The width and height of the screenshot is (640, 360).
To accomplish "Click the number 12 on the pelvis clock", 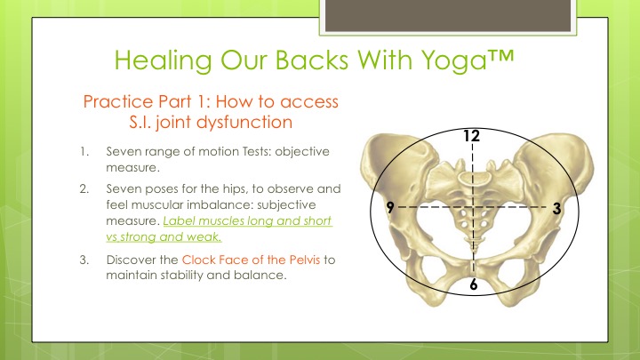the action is click(x=472, y=135).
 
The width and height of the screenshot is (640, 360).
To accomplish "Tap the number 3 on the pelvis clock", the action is click(x=556, y=209).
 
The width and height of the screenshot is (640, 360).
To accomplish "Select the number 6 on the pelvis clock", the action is click(x=474, y=284).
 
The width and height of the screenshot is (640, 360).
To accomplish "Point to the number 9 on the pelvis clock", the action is click(x=390, y=207).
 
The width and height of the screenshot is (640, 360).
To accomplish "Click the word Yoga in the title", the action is click(x=454, y=61).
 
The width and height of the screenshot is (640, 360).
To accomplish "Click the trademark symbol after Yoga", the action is click(x=500, y=55).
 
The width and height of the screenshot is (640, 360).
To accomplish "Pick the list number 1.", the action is click(x=84, y=152).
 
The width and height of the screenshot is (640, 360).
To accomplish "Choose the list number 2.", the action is click(x=84, y=189).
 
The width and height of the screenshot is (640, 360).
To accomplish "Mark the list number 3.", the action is click(x=84, y=260).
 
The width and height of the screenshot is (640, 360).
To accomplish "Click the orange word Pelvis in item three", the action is click(x=305, y=260).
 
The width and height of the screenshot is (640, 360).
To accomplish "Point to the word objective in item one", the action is click(x=302, y=152).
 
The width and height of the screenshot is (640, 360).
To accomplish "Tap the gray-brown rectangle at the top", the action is click(x=448, y=15).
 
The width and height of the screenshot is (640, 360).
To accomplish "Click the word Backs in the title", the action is click(x=311, y=60).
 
